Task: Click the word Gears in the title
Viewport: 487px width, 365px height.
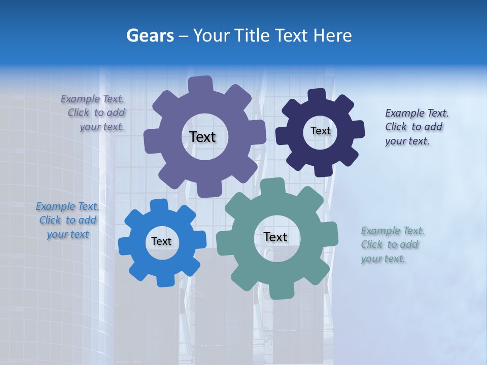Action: [x=150, y=35]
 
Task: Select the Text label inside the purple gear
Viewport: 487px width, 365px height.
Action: [x=202, y=137]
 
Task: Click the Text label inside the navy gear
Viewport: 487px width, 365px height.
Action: [x=320, y=131]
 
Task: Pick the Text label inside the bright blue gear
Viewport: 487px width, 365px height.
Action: [x=161, y=241]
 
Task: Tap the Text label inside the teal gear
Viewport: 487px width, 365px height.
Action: [x=275, y=237]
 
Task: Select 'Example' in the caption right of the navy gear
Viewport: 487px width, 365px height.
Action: [x=405, y=113]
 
